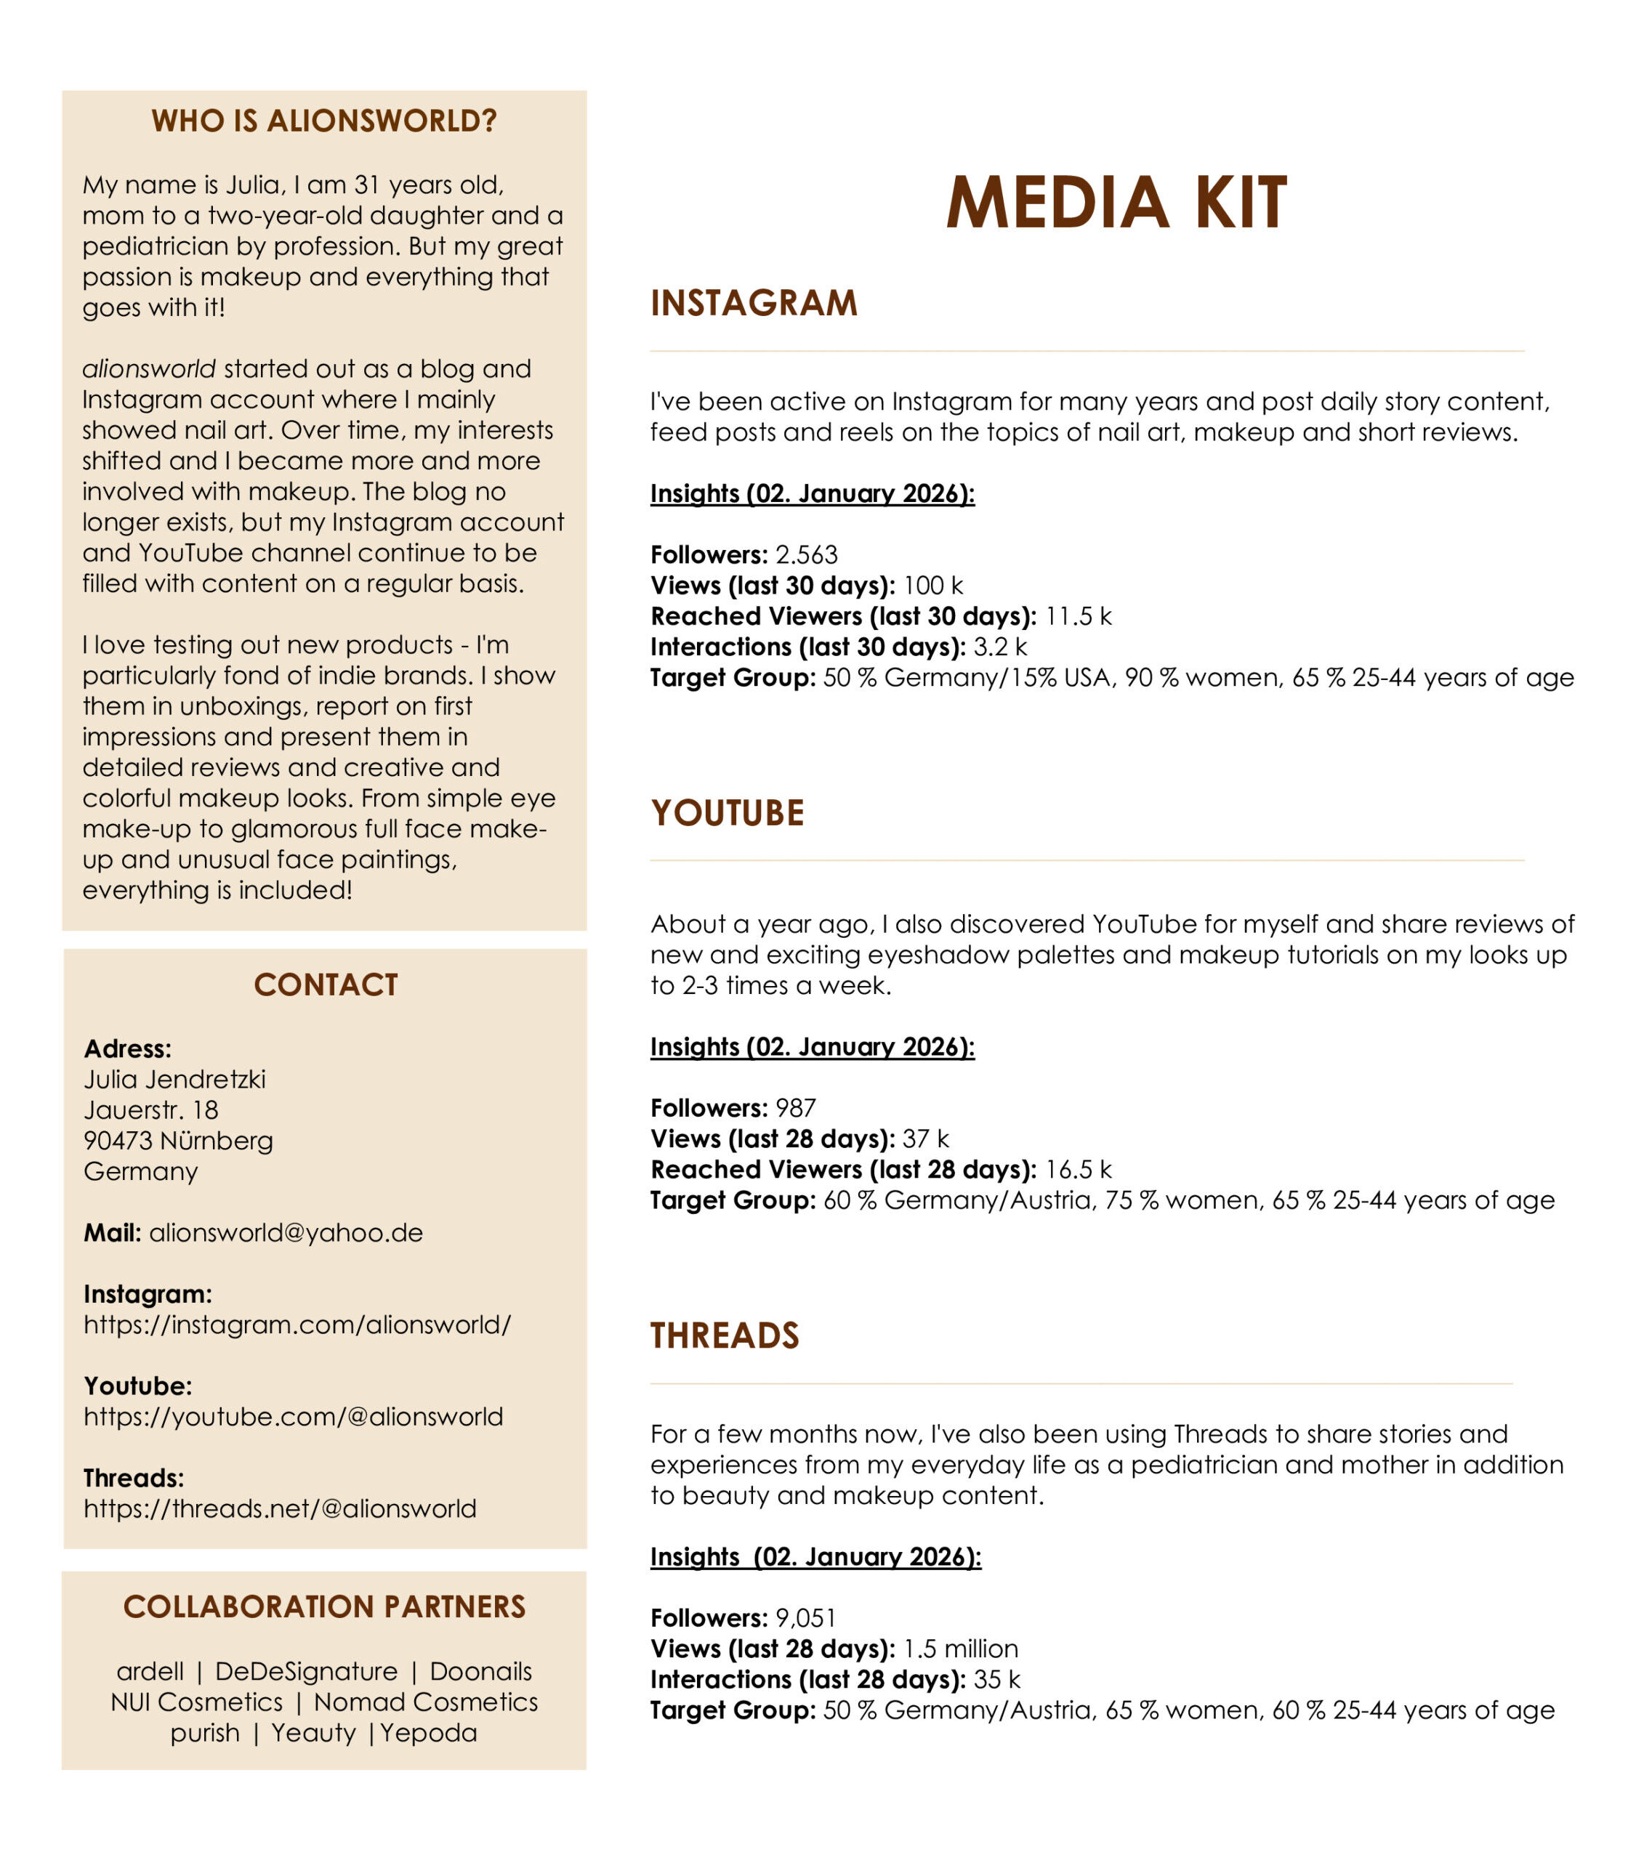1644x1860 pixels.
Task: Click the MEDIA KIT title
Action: point(1116,202)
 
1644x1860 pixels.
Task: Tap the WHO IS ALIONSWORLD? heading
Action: point(324,121)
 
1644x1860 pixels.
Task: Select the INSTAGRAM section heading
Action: point(754,303)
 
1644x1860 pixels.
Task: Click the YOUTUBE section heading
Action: point(728,812)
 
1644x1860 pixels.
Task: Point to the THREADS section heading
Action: point(725,1335)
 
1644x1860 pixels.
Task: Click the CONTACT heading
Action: point(325,984)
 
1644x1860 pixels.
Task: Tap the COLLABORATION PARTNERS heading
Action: point(324,1606)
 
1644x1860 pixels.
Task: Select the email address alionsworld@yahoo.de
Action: point(286,1232)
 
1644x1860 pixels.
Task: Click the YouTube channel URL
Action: point(293,1416)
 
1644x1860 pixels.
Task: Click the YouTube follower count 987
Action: point(796,1107)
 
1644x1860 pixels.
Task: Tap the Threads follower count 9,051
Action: point(805,1617)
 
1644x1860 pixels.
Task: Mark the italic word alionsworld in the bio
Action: point(149,368)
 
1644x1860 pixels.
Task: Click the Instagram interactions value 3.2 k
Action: point(999,646)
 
